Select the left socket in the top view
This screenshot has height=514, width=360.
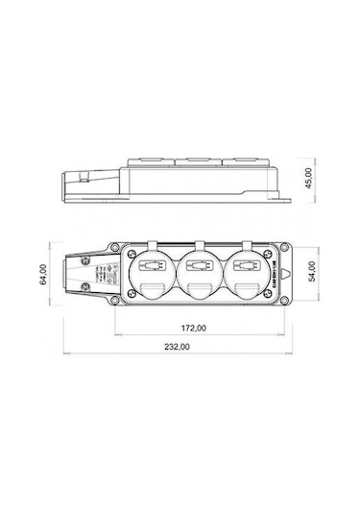click(150, 269)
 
